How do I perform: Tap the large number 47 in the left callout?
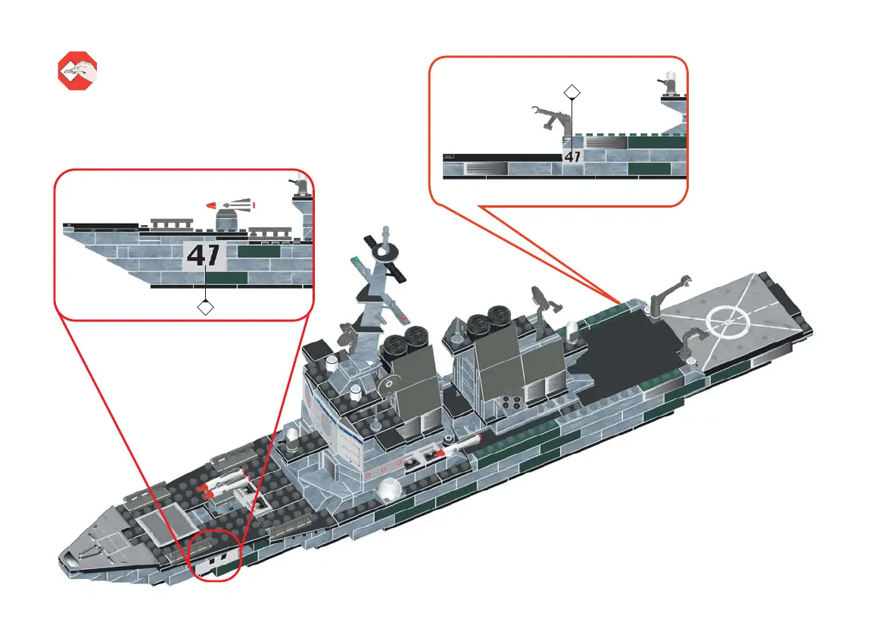click(204, 255)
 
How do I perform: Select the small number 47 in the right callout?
click(572, 157)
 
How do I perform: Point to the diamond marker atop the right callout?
click(572, 92)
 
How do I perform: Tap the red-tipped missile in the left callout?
click(232, 205)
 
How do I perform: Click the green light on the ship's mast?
click(355, 263)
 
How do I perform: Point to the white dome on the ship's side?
click(389, 489)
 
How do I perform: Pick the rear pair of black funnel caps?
click(487, 322)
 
